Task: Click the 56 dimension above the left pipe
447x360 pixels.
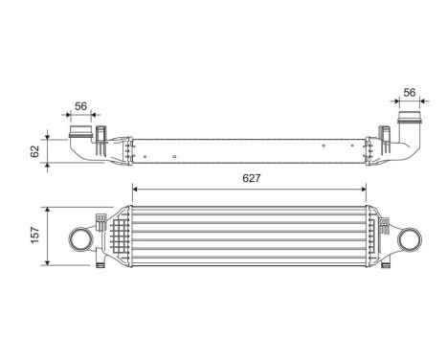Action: [x=82, y=107]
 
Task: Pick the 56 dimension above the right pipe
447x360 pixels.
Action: [x=410, y=92]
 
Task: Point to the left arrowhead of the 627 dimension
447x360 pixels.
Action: [x=136, y=188]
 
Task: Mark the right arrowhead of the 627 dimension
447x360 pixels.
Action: [x=368, y=188]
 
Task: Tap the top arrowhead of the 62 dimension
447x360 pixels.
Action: [x=48, y=131]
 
